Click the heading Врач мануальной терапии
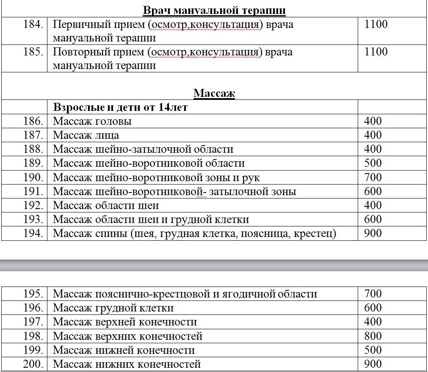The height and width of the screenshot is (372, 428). tap(214, 11)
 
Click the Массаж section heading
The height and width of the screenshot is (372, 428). tap(214, 93)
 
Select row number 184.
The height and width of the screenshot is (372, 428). tap(33, 25)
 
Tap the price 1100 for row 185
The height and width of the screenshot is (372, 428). tap(376, 52)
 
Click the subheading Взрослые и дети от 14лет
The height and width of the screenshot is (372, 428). tap(120, 107)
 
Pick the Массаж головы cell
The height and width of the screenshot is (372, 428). tap(92, 121)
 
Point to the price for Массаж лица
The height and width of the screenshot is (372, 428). tap(373, 135)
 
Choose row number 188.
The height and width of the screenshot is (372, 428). tap(33, 149)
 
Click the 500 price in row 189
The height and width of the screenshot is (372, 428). tap(373, 163)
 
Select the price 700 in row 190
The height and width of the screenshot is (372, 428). tap(373, 177)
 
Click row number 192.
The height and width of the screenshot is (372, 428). tap(33, 206)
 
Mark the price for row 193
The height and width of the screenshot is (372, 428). tap(373, 220)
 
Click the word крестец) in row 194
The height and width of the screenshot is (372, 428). tap(315, 234)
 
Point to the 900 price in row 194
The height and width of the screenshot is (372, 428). tap(373, 234)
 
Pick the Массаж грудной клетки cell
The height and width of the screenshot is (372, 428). tap(113, 308)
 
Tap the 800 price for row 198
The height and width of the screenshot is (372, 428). tap(373, 336)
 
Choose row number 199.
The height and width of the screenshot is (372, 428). tap(33, 350)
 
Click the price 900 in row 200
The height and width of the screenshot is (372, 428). tap(373, 364)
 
